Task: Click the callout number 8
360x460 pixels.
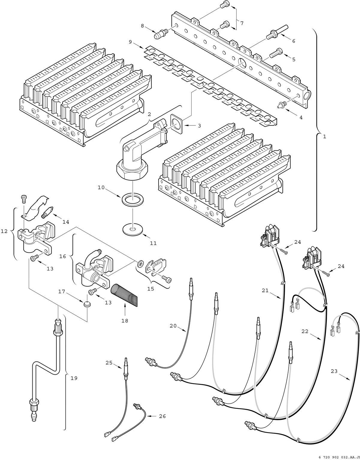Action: tap(142, 26)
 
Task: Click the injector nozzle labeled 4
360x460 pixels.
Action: tap(281, 105)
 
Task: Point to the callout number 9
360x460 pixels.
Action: tap(130, 42)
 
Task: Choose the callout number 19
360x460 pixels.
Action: tap(74, 378)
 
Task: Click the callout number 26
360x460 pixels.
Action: tap(162, 416)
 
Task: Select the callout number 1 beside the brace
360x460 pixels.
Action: tap(324, 137)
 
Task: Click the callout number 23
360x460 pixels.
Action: tap(334, 371)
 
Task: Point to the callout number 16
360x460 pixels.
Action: tap(62, 256)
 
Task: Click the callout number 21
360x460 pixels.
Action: tap(265, 290)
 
